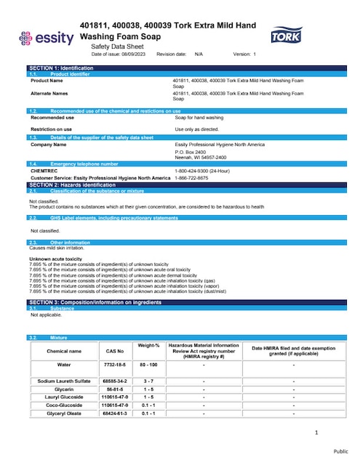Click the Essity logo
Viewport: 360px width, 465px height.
[45, 37]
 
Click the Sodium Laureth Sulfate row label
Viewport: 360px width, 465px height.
[63, 381]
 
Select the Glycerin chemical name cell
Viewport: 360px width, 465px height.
[63, 389]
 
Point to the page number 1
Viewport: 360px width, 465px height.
[316, 433]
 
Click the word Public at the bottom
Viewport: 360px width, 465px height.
[341, 450]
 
